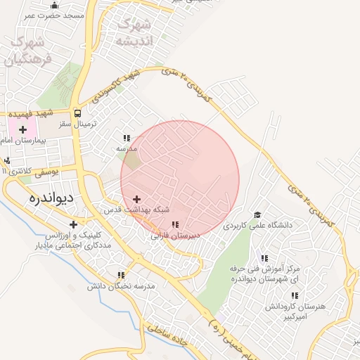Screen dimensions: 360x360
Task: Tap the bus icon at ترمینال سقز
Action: coord(77,112)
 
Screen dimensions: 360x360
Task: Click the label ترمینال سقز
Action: coord(77,123)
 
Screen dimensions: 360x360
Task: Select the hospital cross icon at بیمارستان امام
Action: coord(22,129)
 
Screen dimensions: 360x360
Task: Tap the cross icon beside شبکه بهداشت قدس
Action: coord(136,200)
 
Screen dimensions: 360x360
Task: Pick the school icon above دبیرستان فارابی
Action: coord(174,225)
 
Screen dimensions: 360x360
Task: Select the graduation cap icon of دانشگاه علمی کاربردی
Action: coord(257,215)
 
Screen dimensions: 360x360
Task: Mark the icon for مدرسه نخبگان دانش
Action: coord(121,275)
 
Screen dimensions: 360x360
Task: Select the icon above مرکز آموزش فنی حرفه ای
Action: coord(264,258)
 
